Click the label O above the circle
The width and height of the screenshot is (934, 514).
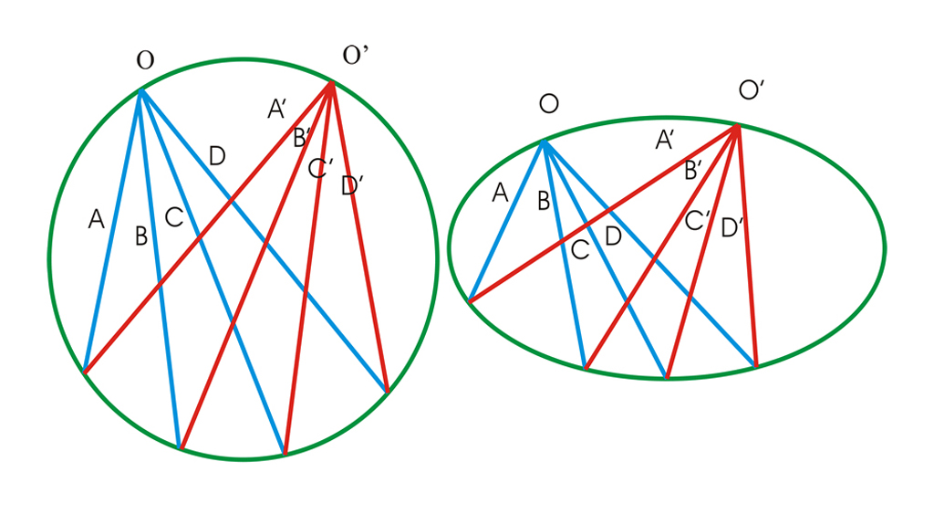tap(145, 61)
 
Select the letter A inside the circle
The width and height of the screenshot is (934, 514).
tap(96, 219)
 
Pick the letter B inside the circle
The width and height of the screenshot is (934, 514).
tap(141, 236)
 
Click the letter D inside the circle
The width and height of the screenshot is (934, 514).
tap(216, 156)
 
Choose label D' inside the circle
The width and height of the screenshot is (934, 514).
tap(352, 186)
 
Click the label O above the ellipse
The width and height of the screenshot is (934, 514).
tap(548, 103)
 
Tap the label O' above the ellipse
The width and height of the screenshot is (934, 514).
tap(752, 91)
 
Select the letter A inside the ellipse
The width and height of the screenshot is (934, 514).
tap(499, 193)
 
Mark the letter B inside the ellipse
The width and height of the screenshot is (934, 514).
tap(544, 202)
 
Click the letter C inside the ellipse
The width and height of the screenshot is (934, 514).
tap(580, 250)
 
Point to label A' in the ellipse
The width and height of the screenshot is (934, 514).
tap(666, 141)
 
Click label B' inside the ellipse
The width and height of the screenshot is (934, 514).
tap(693, 170)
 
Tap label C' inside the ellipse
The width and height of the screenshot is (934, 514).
tap(698, 220)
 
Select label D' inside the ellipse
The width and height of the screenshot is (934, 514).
tap(731, 227)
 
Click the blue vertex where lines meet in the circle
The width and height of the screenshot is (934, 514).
tap(140, 89)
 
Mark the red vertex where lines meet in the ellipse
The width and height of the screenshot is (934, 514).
tap(737, 126)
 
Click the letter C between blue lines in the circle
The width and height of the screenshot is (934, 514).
tap(173, 217)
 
